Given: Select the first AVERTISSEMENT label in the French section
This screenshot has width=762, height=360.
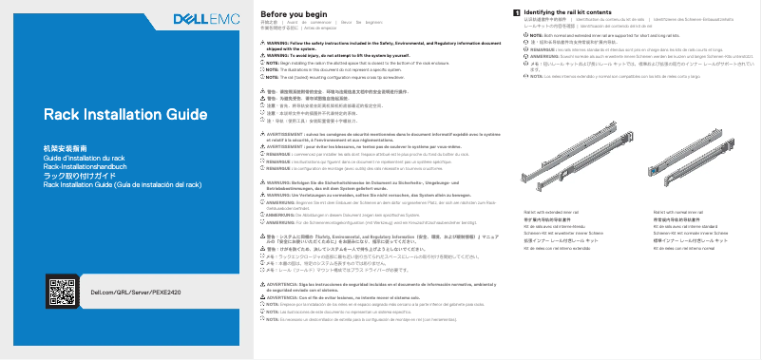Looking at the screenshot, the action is tap(292, 135).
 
